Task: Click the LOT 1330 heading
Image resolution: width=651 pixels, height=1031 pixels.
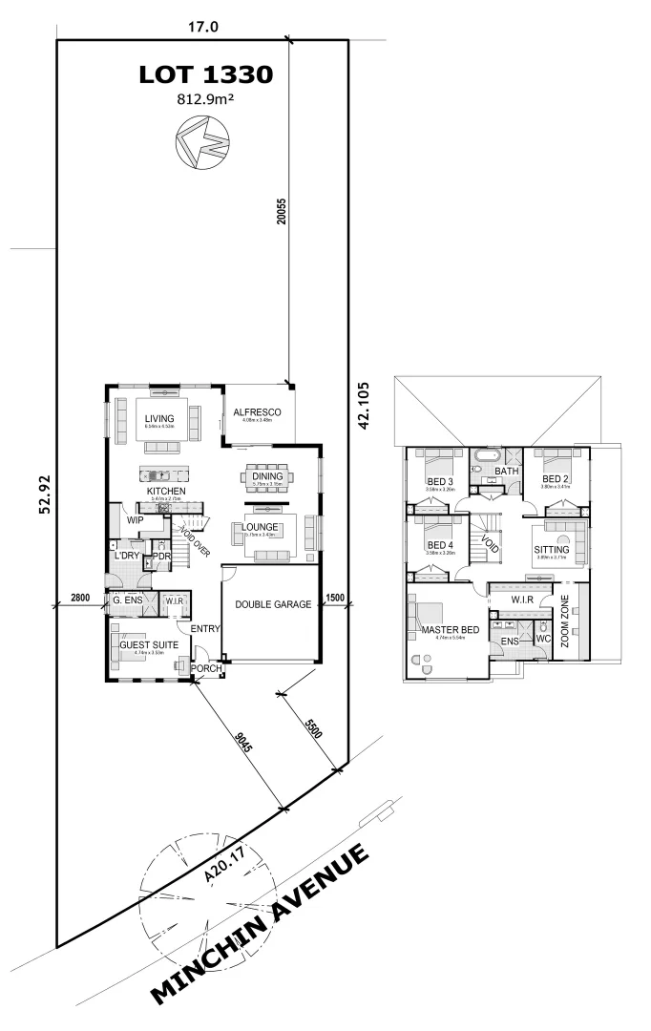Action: pyautogui.click(x=206, y=74)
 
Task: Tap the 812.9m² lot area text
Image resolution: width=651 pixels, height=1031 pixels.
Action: pyautogui.click(x=206, y=98)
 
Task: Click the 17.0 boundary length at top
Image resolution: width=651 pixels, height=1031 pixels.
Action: pyautogui.click(x=202, y=28)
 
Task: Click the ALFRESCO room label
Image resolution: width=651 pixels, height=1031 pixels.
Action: pyautogui.click(x=258, y=411)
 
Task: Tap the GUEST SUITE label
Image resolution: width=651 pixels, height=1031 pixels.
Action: pyautogui.click(x=149, y=646)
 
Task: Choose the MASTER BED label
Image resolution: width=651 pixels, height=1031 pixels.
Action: pyautogui.click(x=450, y=630)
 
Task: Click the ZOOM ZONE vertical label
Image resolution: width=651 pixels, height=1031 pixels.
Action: pyautogui.click(x=565, y=621)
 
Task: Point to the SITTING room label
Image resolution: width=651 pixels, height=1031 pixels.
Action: pyautogui.click(x=551, y=550)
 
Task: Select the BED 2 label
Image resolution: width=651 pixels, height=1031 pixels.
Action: pyautogui.click(x=556, y=478)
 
